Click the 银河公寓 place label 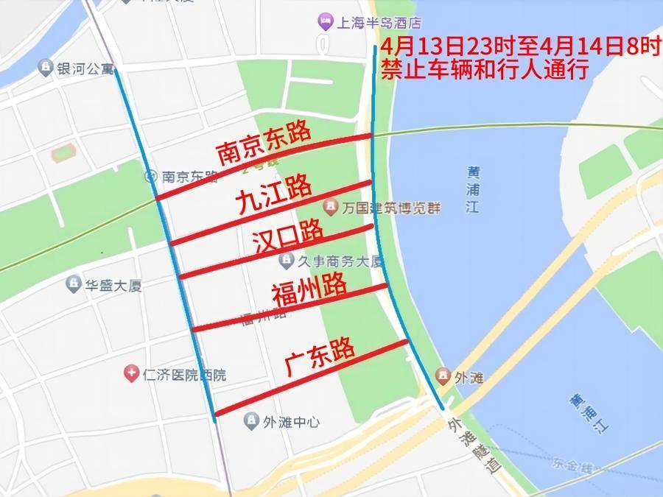pos(86,68)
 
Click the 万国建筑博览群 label pos(390,208)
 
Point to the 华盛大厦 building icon pos(74,284)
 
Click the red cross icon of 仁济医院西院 pos(131,374)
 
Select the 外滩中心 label pos(292,422)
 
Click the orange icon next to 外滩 pos(443,377)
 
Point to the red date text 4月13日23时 pos(435,48)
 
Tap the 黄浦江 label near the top pos(472,190)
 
